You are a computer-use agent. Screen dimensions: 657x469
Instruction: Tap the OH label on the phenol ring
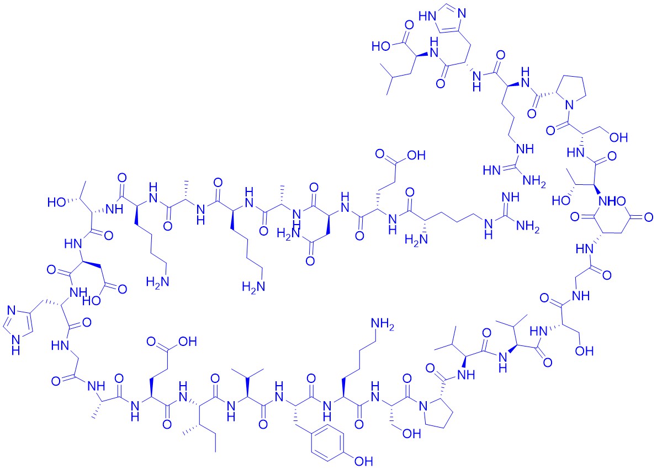(363, 461)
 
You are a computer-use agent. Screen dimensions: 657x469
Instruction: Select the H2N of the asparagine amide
(287, 233)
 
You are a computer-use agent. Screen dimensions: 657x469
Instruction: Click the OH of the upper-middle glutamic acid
(416, 156)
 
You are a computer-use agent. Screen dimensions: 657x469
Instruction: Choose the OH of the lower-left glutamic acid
(188, 342)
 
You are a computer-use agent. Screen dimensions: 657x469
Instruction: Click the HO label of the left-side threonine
(56, 202)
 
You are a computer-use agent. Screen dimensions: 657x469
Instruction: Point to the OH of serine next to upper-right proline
(619, 137)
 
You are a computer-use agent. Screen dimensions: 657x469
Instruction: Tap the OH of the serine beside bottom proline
(411, 433)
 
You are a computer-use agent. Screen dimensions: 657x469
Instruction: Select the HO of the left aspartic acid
(92, 300)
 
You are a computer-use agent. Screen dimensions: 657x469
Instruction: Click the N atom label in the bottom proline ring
(425, 406)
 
